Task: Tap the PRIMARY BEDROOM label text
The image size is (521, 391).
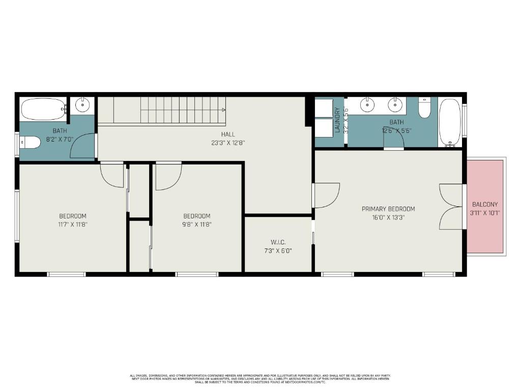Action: coord(388,209)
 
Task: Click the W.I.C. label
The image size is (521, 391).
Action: coord(278,242)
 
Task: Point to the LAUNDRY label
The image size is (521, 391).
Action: coord(337,120)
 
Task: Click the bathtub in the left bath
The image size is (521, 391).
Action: coord(43,108)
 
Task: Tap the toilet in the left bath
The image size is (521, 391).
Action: coord(31,143)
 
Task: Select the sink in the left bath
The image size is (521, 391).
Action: coord(82,105)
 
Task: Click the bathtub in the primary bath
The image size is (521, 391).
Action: coord(449,121)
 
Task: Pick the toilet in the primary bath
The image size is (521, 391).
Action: coord(425,107)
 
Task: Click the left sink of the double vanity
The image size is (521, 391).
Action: coord(368,105)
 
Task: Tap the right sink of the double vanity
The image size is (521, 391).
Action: coord(395,105)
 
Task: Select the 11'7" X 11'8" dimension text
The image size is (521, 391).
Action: coord(72,224)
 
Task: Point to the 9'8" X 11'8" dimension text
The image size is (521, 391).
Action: coord(196,224)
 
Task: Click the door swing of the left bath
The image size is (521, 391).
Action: coord(81,146)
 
